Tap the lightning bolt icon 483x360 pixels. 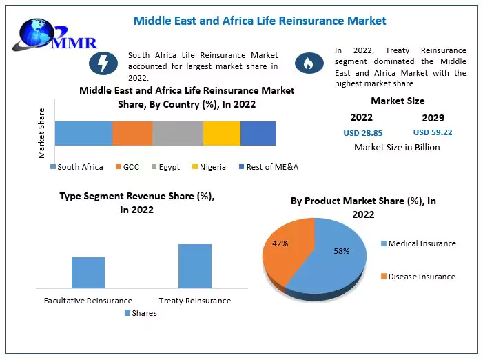[103, 63]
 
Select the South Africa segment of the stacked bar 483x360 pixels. [83, 133]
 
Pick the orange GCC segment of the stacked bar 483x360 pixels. [132, 133]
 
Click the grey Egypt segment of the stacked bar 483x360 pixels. [178, 133]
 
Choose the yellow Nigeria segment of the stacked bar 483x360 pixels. [222, 133]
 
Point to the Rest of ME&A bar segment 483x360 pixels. [258, 133]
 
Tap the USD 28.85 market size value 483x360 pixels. [362, 132]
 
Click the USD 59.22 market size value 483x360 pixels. [433, 132]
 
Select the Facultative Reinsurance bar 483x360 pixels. [88, 272]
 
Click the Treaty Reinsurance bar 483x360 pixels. [195, 266]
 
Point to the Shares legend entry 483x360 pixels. [141, 313]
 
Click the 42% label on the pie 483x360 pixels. [280, 243]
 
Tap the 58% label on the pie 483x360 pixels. [342, 251]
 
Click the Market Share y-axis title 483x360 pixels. [41, 133]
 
